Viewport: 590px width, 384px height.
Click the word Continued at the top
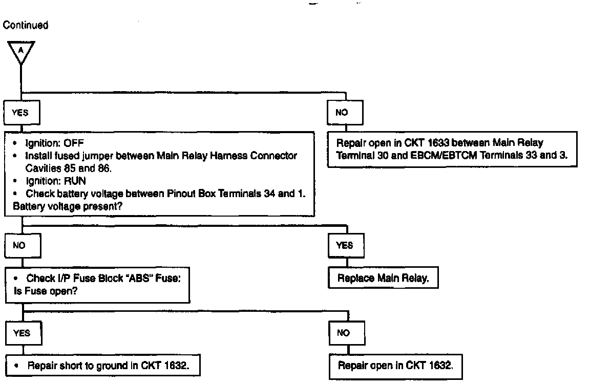point(26,25)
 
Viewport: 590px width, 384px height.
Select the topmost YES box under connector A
point(21,113)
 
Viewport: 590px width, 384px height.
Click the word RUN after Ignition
point(76,181)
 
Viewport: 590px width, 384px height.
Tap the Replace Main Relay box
point(383,279)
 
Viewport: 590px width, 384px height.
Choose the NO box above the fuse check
point(20,245)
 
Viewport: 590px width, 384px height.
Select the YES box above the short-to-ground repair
point(22,333)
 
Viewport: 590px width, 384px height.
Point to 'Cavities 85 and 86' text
point(69,168)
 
